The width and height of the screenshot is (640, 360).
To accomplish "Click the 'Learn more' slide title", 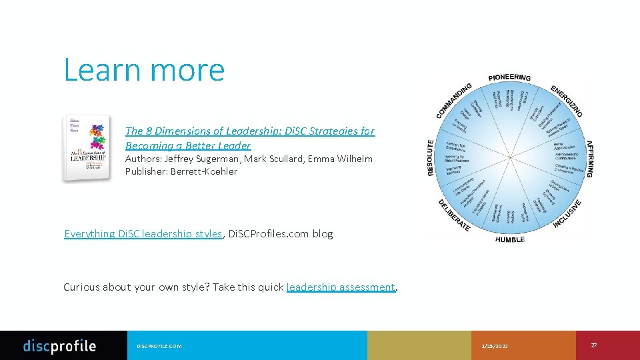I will coord(144,70).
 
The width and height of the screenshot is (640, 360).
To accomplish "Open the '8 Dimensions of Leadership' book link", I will coord(249,138).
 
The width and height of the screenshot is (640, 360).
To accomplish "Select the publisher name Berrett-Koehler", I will coord(203,171).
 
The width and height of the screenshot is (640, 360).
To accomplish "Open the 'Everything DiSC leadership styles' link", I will coord(143,233).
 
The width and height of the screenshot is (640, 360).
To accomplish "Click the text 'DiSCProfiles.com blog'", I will coord(280,233).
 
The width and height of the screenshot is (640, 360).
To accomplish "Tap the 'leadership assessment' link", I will coord(341,287).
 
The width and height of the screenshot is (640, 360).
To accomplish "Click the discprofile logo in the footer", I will coord(59,345).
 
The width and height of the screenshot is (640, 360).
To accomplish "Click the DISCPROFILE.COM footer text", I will coord(159,346).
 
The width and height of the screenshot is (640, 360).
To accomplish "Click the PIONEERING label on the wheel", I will coord(509,77).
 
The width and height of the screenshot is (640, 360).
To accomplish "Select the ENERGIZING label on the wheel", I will coord(567,101).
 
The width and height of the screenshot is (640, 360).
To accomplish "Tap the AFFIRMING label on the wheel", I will coord(589,159).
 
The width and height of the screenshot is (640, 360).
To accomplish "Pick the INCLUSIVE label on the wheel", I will coord(567,214).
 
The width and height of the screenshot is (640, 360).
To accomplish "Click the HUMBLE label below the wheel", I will coord(510,239).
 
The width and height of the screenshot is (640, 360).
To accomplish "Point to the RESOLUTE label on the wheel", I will coord(431,158).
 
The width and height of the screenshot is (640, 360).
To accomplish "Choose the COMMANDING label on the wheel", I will coord(454,101).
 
